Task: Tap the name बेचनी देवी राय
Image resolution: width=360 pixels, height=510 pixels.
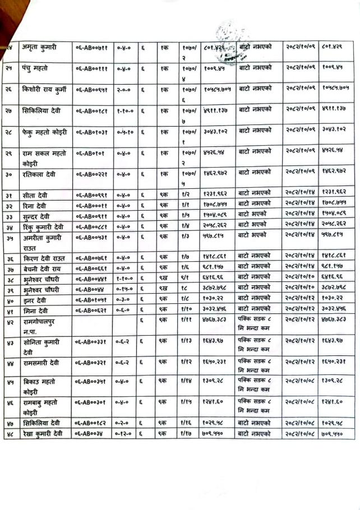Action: point(42,268)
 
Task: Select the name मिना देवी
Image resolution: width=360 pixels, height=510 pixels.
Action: point(34,309)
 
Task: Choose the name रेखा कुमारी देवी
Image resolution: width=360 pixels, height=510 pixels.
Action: point(43,433)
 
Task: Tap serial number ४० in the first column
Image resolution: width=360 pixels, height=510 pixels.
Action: point(11,299)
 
